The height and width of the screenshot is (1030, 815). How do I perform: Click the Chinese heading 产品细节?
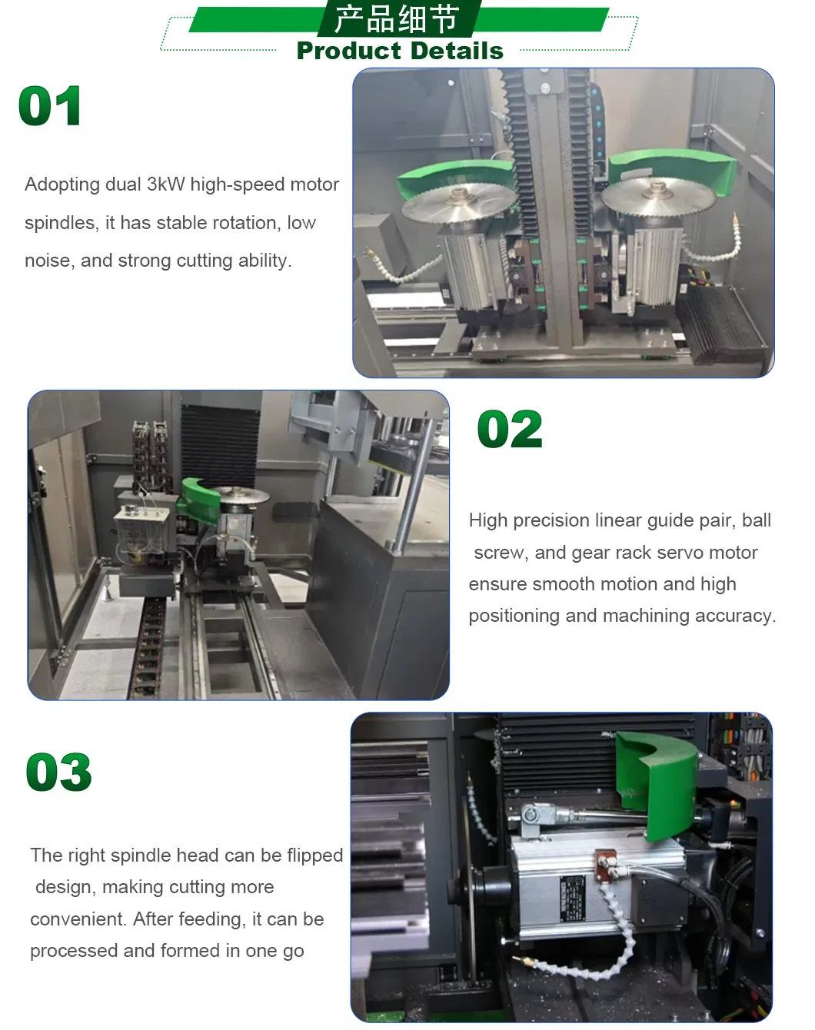(x=397, y=19)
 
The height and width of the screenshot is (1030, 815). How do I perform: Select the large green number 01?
(x=50, y=106)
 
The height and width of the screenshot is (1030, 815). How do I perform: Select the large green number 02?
(x=510, y=429)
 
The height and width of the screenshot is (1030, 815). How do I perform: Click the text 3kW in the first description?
(x=165, y=184)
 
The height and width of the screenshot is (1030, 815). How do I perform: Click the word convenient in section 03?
(x=78, y=919)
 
